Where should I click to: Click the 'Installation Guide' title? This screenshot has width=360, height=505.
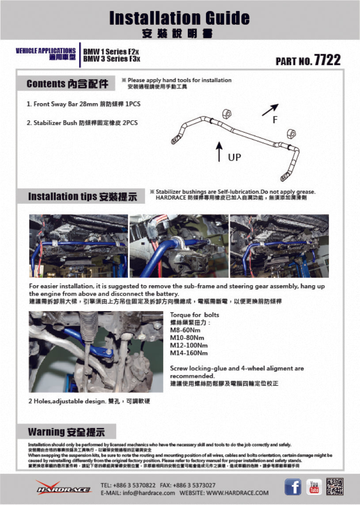click(179, 18)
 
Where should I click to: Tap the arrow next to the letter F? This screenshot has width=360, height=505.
click(270, 110)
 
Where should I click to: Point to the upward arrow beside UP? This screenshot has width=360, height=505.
click(219, 152)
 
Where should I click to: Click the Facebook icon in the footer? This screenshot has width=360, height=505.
click(292, 486)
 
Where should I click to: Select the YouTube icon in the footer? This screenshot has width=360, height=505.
click(314, 486)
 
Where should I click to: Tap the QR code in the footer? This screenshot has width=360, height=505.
click(334, 486)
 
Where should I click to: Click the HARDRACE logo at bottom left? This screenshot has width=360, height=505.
click(64, 487)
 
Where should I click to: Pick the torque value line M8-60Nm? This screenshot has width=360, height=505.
click(185, 330)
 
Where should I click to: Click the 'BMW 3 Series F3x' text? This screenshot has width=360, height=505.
click(112, 58)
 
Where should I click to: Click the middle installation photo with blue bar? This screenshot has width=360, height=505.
click(179, 246)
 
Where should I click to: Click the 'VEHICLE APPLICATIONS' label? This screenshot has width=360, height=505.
click(45, 50)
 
